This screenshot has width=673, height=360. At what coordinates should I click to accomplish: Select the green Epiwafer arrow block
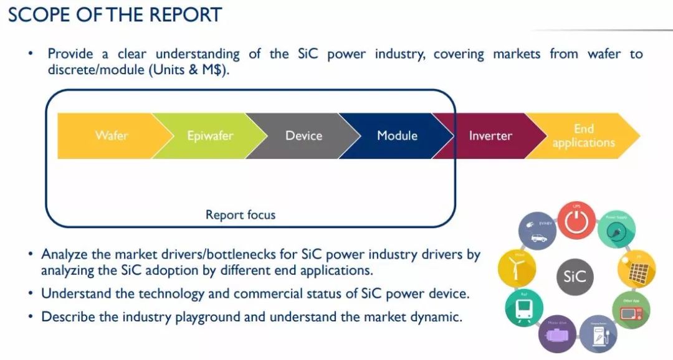pyautogui.click(x=205, y=135)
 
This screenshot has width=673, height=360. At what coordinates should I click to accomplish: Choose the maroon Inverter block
pyautogui.click(x=490, y=135)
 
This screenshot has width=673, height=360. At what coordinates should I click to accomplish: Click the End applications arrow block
pyautogui.click(x=583, y=136)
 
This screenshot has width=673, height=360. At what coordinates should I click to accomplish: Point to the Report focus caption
pyautogui.click(x=241, y=215)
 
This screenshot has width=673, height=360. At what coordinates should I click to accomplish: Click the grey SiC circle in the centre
pyautogui.click(x=575, y=276)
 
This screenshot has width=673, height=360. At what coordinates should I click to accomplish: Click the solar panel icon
pyautogui.click(x=637, y=270)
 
